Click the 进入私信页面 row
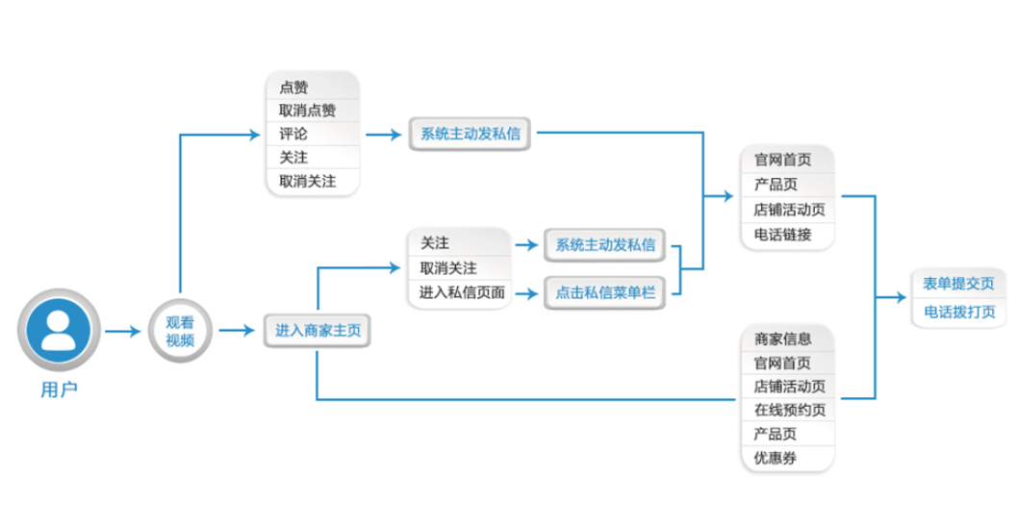[461, 292]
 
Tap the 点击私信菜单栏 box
[605, 292]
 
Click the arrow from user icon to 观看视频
[123, 332]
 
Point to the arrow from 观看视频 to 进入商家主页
[236, 331]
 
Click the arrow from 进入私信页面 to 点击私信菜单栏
[525, 292]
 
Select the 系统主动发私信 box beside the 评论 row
[470, 134]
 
